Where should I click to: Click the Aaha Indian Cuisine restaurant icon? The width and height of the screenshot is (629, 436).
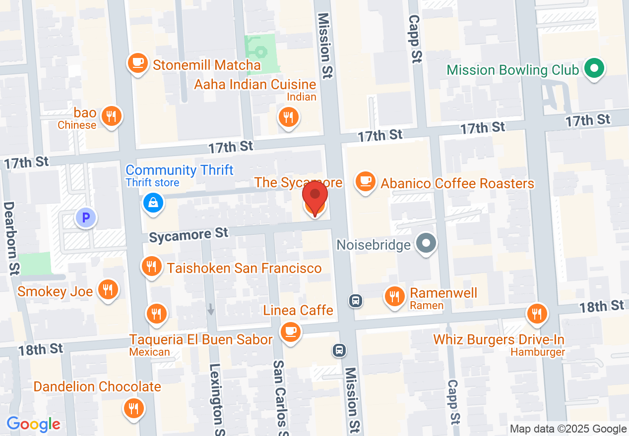pos(287,117)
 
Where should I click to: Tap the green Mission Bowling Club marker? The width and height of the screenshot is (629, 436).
pos(594,68)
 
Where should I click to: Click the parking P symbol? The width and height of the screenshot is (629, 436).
pos(86,217)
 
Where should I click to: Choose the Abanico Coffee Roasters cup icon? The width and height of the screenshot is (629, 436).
pos(366,181)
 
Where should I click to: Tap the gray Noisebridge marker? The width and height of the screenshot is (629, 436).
pos(425,243)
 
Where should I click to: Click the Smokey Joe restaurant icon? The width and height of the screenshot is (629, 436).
pos(107,289)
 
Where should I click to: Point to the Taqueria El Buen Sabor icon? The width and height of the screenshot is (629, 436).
pos(156,313)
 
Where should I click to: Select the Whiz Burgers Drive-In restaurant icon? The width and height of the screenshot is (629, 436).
pos(536,313)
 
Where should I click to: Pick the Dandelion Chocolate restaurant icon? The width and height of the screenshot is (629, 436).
pos(133,408)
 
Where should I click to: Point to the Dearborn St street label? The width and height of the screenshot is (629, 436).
pos(11,238)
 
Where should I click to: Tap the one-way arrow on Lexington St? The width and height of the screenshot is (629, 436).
pos(211,309)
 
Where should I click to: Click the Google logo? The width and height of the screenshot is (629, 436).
pos(33,424)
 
